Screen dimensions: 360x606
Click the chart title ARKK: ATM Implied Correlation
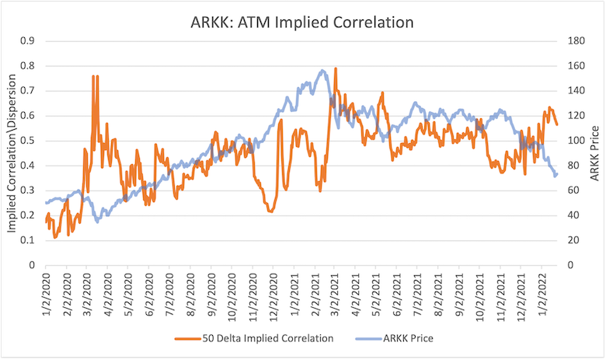point(302,22)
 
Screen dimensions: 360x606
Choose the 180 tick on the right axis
point(579,40)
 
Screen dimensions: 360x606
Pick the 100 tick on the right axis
point(579,141)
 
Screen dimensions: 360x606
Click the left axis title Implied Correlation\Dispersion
point(12,153)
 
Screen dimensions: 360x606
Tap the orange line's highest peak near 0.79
point(336,68)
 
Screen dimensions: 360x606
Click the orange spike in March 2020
point(94,76)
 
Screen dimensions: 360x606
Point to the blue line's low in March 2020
point(97,222)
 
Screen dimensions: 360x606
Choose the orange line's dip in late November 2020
point(270,211)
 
